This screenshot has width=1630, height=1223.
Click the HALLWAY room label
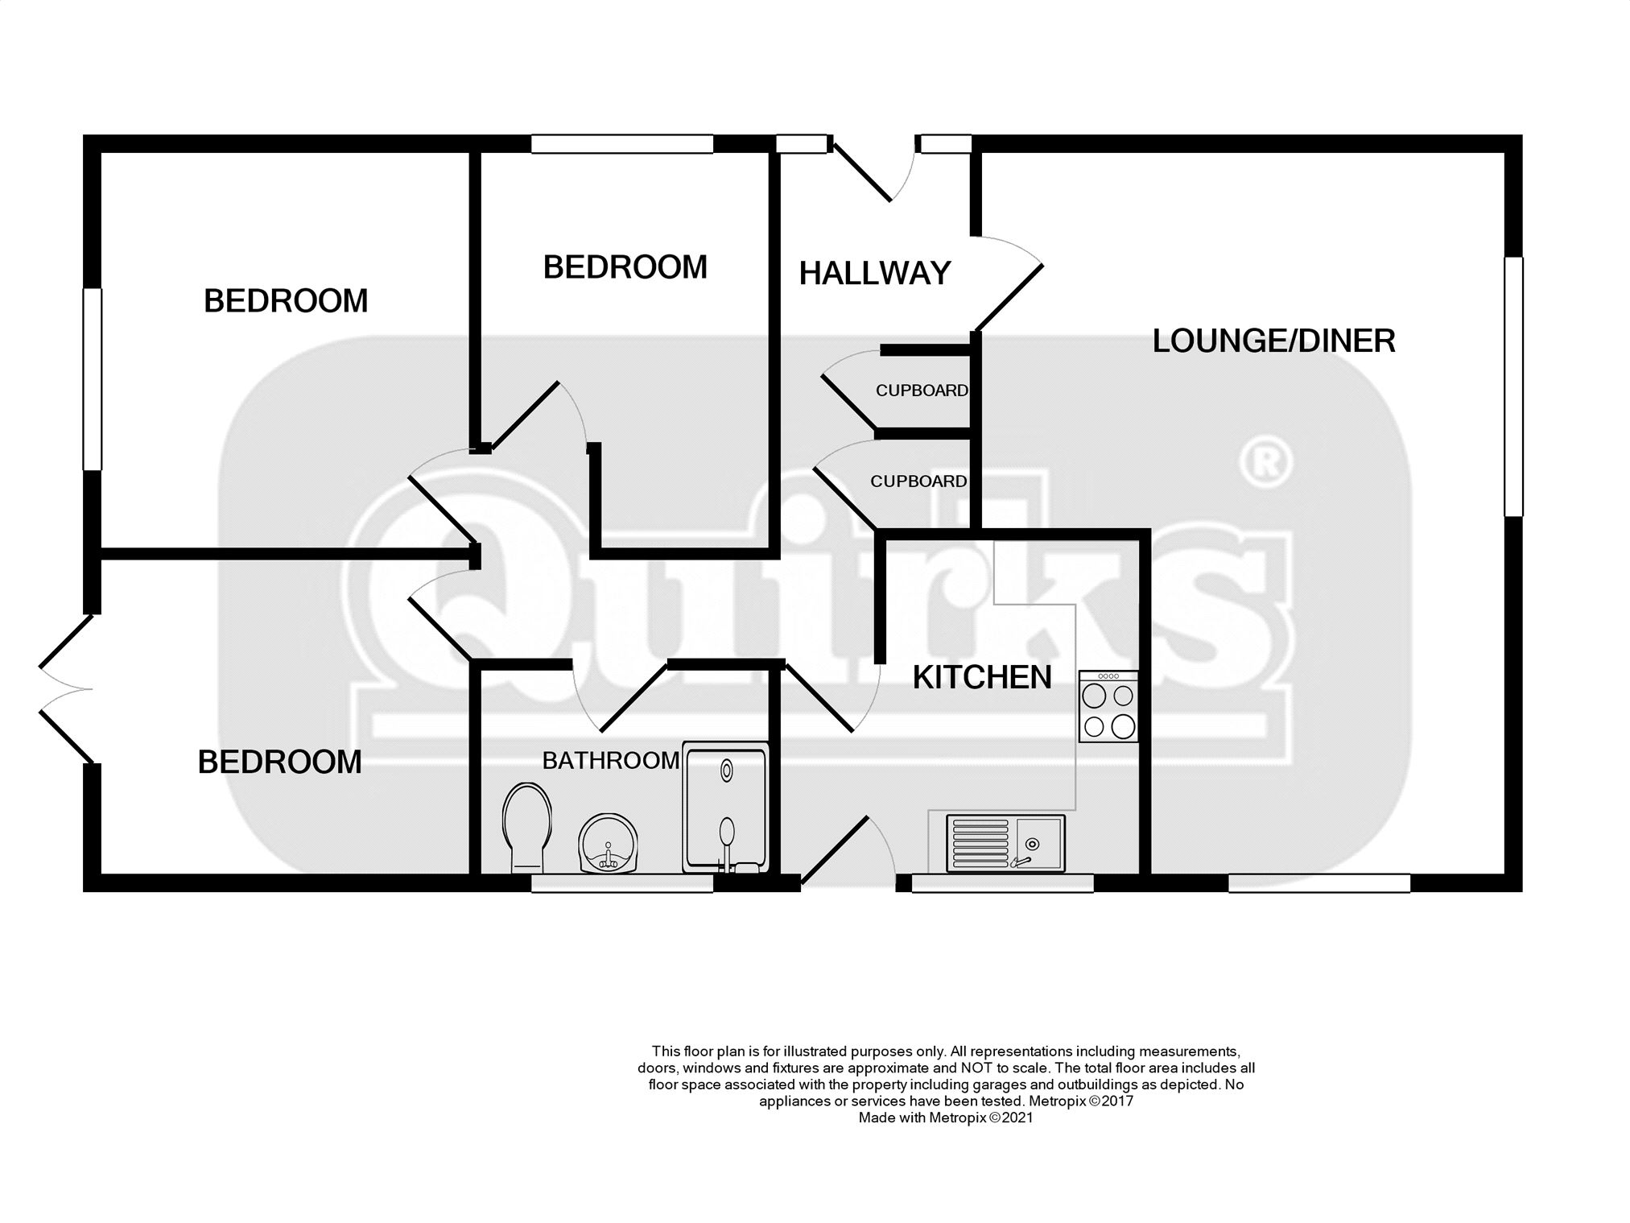click(875, 274)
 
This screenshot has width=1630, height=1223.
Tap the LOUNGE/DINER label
click(1273, 341)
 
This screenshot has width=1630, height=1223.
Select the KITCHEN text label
click(982, 678)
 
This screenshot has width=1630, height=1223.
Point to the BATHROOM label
click(611, 761)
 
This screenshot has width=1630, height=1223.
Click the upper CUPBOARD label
click(922, 390)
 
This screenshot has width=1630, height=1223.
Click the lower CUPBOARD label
click(918, 481)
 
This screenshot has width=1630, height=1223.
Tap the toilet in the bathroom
click(527, 827)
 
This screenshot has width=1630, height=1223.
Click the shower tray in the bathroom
click(725, 808)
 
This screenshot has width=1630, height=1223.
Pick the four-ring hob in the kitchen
click(1109, 706)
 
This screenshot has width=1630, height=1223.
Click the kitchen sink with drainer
click(1005, 842)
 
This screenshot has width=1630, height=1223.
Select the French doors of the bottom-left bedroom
click(67, 689)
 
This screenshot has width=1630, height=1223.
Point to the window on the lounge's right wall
click(1513, 386)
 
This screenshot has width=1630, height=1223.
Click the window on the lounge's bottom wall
click(1319, 883)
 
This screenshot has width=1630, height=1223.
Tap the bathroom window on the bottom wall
click(622, 883)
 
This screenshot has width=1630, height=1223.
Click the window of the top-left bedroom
click(93, 379)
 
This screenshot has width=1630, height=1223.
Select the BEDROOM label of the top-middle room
click(625, 267)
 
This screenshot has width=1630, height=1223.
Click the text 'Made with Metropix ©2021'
click(946, 1118)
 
